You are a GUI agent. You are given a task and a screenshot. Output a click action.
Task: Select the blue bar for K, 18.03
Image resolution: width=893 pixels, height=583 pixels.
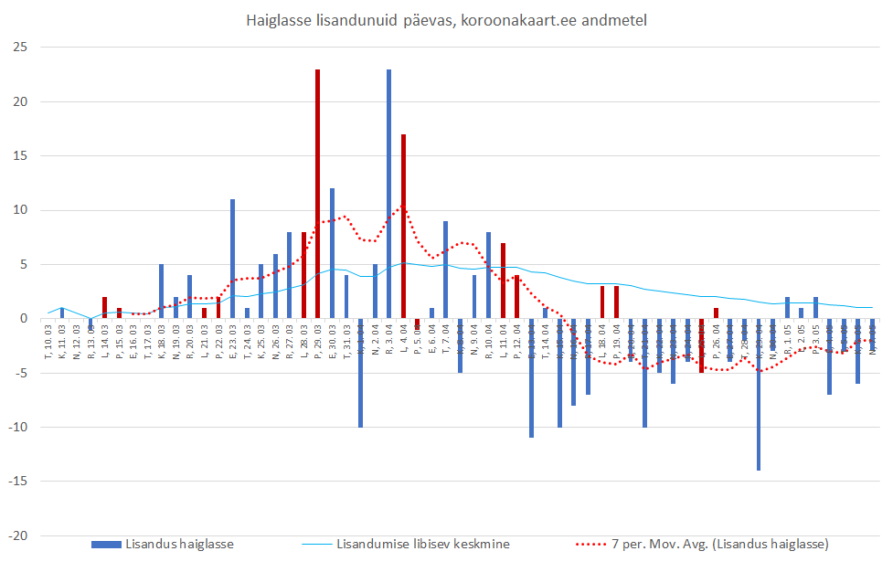pos(161,291)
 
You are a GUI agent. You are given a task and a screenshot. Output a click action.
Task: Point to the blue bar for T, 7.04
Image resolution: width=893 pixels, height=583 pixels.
pos(445,270)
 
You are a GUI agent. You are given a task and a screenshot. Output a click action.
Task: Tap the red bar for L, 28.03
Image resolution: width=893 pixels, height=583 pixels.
pos(303,275)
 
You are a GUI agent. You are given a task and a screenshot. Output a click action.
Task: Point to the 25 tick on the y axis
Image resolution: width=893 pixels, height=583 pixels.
pos(21,48)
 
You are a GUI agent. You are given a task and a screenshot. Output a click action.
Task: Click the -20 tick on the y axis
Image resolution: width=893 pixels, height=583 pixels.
pos(18,535)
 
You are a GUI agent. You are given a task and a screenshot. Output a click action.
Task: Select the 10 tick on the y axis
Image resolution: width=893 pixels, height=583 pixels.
pos(21,210)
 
